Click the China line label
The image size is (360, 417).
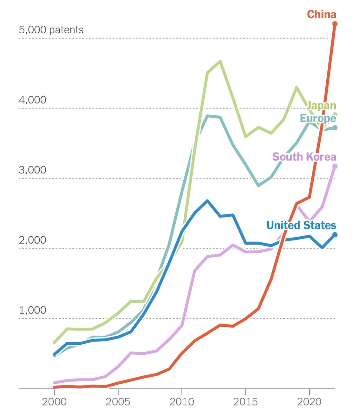[321, 15]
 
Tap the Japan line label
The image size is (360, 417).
[321, 105]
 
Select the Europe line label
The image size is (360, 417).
[318, 118]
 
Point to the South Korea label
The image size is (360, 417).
[304, 157]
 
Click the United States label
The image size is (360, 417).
[301, 225]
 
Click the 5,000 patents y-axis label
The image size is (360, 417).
[51, 30]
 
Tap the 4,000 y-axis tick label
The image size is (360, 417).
[32, 100]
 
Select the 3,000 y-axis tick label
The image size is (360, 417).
[32, 170]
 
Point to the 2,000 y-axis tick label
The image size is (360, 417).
[32, 240]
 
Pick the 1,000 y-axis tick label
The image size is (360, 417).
[32, 310]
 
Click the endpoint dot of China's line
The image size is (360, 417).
[335, 24]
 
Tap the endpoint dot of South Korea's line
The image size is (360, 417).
[335, 166]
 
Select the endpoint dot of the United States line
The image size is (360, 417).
[335, 235]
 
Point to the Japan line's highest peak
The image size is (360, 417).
[220, 62]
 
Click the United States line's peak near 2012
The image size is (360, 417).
[207, 201]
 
